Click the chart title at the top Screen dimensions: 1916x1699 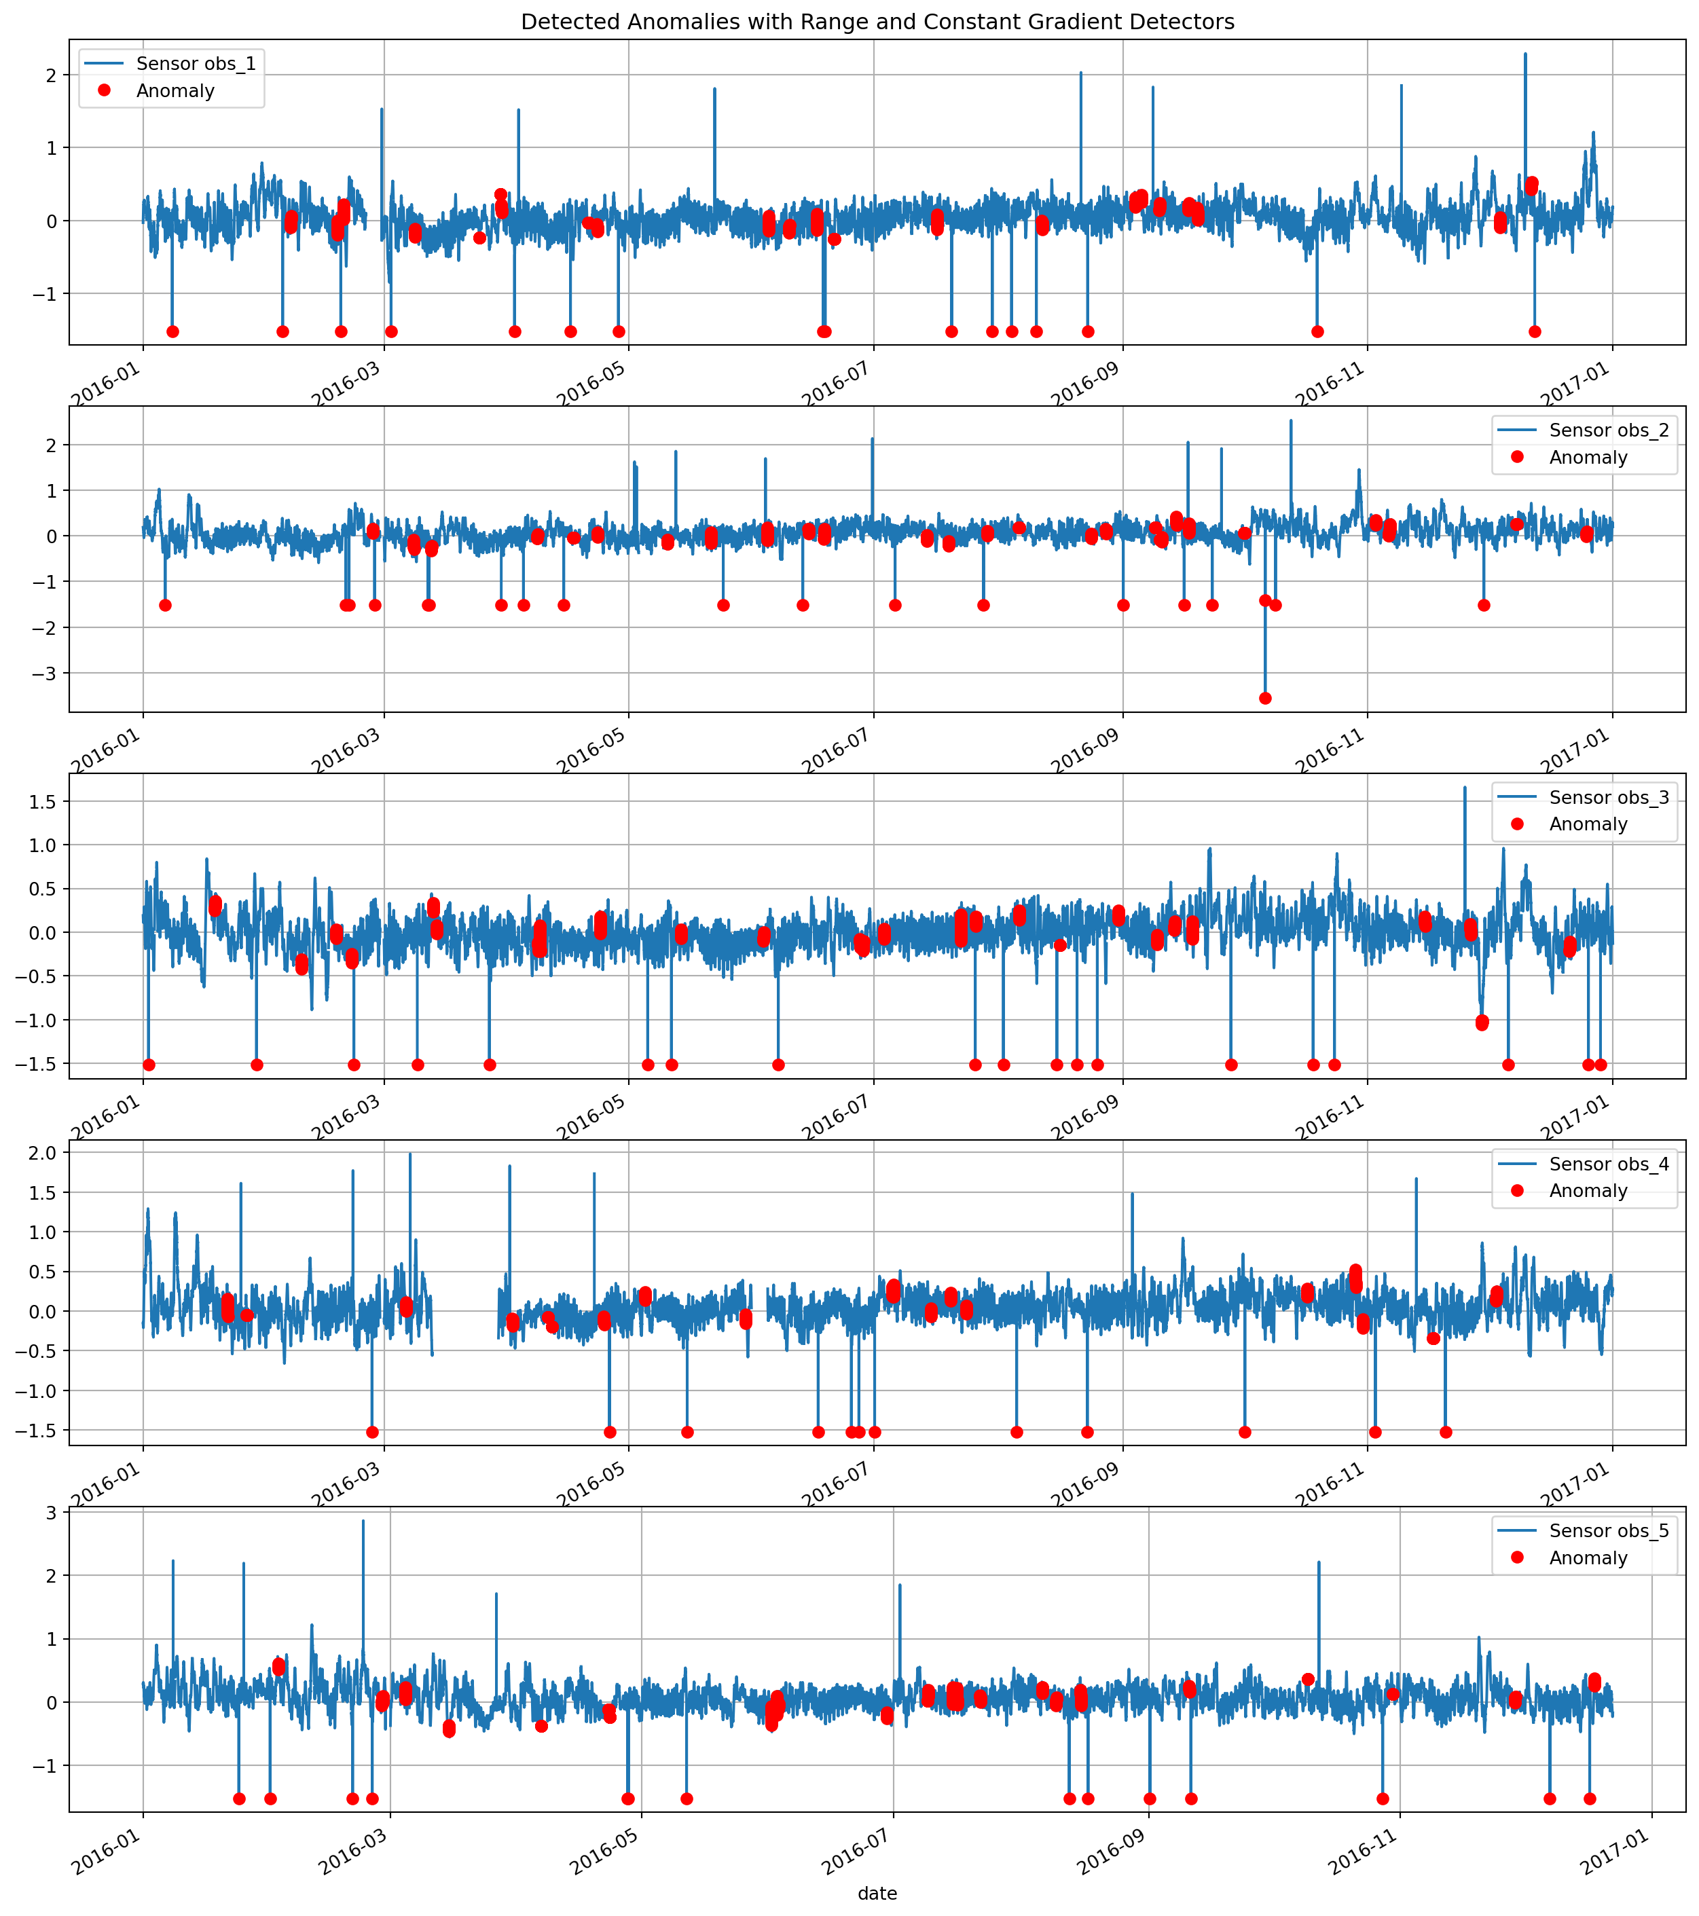tap(877, 22)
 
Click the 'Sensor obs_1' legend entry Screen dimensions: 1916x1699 tap(195, 64)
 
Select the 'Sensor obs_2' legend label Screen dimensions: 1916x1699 tap(1608, 430)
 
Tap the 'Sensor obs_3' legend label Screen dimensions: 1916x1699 tap(1608, 798)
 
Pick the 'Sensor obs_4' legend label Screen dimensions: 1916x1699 tap(1608, 1164)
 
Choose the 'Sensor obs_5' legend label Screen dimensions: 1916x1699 tap(1608, 1531)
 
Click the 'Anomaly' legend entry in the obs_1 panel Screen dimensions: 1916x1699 tap(175, 91)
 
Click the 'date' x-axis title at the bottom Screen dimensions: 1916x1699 tap(877, 1894)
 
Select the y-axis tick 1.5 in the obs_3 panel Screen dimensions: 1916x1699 tap(42, 801)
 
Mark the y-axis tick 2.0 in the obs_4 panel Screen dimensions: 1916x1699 tap(42, 1152)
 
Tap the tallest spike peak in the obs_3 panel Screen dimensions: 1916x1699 tap(1465, 788)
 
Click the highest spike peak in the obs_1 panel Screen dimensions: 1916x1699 tap(1524, 54)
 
